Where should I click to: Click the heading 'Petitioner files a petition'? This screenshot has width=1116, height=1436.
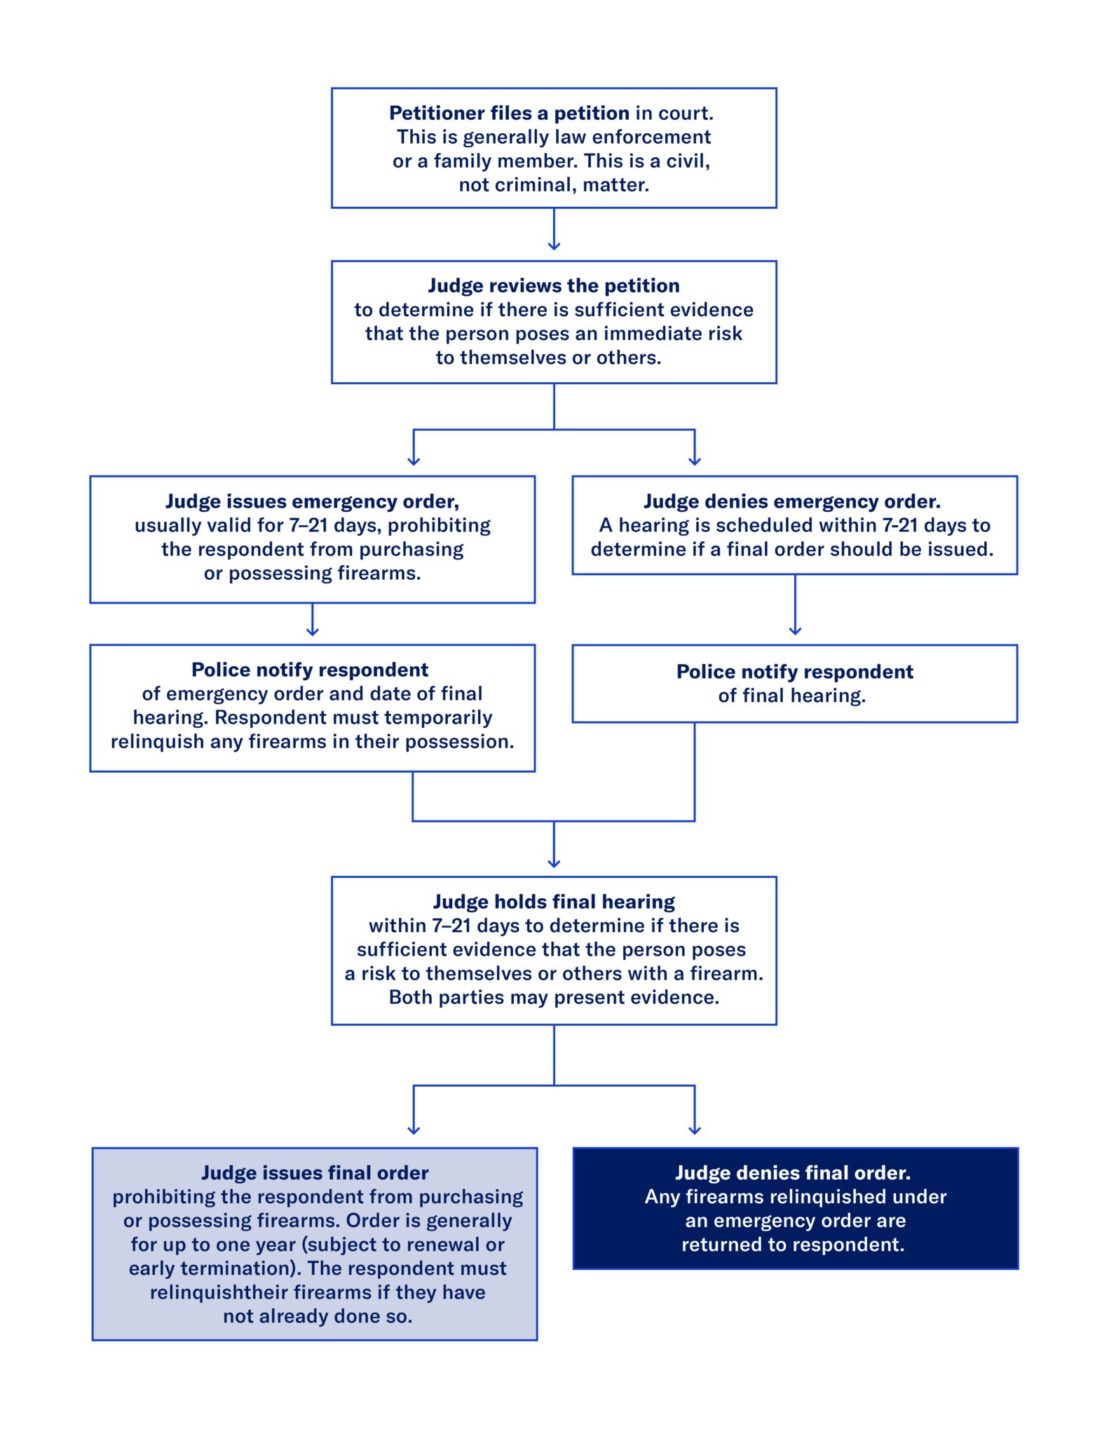point(509,113)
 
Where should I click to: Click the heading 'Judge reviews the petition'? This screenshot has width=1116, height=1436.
point(554,285)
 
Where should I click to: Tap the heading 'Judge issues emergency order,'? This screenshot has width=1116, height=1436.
point(312,501)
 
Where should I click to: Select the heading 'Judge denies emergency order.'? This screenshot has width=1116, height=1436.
point(792,501)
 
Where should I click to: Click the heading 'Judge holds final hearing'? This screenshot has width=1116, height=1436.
point(554,902)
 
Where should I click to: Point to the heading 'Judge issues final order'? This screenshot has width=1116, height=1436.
point(315,1173)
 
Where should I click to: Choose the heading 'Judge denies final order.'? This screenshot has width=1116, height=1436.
point(793,1173)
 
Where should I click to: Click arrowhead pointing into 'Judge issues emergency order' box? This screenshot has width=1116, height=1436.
point(414,460)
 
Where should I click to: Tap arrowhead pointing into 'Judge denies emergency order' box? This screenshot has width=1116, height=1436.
point(695,460)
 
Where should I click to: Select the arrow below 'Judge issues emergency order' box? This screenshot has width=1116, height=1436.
point(313,621)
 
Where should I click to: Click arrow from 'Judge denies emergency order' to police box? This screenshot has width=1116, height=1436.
point(795,607)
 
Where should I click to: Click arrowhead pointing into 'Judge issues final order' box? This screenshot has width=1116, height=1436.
point(414,1130)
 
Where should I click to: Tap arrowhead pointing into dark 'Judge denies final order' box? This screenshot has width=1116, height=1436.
point(695,1130)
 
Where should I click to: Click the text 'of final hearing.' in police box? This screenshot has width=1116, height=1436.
point(792,696)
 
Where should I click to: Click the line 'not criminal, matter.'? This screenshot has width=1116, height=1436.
point(554,185)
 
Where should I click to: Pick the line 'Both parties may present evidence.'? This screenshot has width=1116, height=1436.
point(554,997)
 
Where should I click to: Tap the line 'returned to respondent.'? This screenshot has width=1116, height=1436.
point(793,1245)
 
